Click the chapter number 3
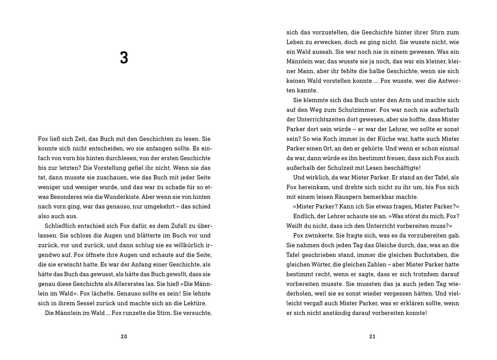tap(124, 58)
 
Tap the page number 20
tap(124, 337)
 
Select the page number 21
tap(372, 337)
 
